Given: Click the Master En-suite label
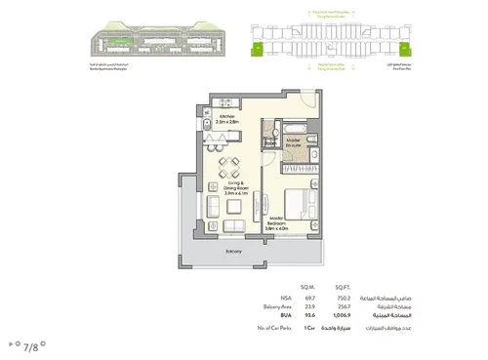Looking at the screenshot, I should (294, 142).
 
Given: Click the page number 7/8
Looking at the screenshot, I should (31, 345).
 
